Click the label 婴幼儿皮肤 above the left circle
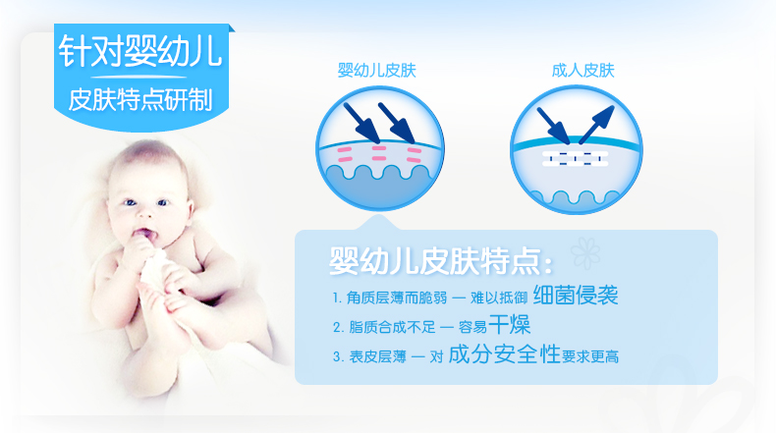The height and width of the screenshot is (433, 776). pyautogui.click(x=376, y=71)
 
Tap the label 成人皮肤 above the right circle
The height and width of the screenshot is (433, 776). pyautogui.click(x=583, y=71)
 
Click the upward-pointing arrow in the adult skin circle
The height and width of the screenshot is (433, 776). pyautogui.click(x=597, y=125)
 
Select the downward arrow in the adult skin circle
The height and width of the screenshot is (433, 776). pyautogui.click(x=554, y=126)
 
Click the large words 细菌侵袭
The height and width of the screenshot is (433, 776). pyautogui.click(x=576, y=296)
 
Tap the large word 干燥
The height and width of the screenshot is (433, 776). pyautogui.click(x=509, y=325)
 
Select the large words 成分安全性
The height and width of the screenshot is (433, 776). pyautogui.click(x=504, y=354)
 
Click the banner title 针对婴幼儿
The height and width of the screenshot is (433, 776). pyautogui.click(x=140, y=51)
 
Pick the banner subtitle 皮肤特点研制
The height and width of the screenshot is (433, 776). pyautogui.click(x=140, y=100)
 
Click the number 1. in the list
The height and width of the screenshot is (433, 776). pyautogui.click(x=337, y=298)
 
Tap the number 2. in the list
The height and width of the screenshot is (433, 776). pyautogui.click(x=338, y=328)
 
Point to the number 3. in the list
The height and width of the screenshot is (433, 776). pyautogui.click(x=338, y=356)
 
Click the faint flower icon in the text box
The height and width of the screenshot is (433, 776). pyautogui.click(x=585, y=253)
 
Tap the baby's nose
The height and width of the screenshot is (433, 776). pyautogui.click(x=145, y=213)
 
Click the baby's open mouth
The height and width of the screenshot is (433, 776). pyautogui.click(x=146, y=236)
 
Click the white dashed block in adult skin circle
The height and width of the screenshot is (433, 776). pyautogui.click(x=575, y=159)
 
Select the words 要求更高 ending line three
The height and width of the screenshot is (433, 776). pyautogui.click(x=590, y=356)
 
